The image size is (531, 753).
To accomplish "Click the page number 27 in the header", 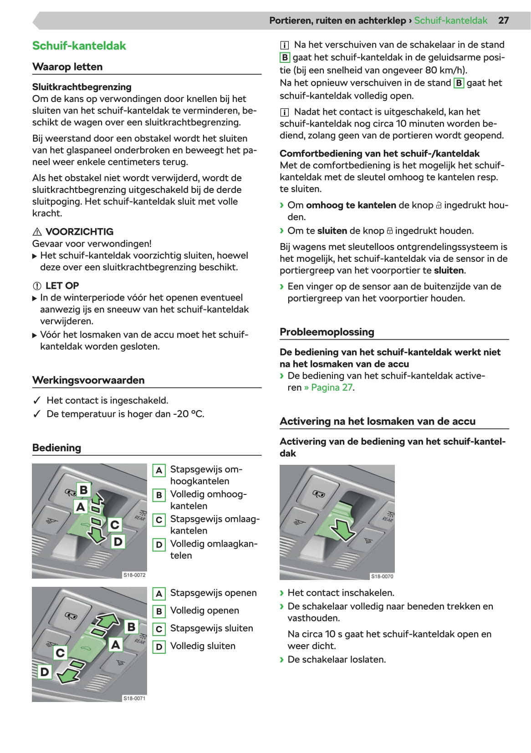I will pyautogui.click(x=503, y=20).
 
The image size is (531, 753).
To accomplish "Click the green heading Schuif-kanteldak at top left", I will pyautogui.click(x=79, y=46).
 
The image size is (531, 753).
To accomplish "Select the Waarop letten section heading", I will pyautogui.click(x=67, y=67).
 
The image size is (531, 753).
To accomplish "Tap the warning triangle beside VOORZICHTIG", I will pyautogui.click(x=37, y=232).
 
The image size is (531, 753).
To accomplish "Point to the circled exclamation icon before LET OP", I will pyautogui.click(x=37, y=286).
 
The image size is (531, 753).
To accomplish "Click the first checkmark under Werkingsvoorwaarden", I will pyautogui.click(x=37, y=401).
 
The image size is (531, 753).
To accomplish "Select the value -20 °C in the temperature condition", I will pyautogui.click(x=188, y=414).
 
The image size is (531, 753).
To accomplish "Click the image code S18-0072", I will pyautogui.click(x=134, y=575).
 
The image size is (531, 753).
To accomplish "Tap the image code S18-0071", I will pyautogui.click(x=134, y=698).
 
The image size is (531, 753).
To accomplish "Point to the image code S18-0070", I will pyautogui.click(x=382, y=576).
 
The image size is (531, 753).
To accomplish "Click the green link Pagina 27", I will pyautogui.click(x=332, y=387).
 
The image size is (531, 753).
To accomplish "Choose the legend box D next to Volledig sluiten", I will pyautogui.click(x=159, y=647).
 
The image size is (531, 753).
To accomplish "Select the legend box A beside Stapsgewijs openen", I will pyautogui.click(x=159, y=594).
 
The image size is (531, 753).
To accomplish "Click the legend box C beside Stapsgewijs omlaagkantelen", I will pyautogui.click(x=159, y=520).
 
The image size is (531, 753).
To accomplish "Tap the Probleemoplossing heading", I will pyautogui.click(x=327, y=332).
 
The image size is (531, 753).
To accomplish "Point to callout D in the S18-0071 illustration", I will pyautogui.click(x=45, y=672).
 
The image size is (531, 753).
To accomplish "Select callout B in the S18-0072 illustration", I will pyautogui.click(x=84, y=490).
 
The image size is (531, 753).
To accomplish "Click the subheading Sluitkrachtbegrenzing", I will pyautogui.click(x=82, y=87).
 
